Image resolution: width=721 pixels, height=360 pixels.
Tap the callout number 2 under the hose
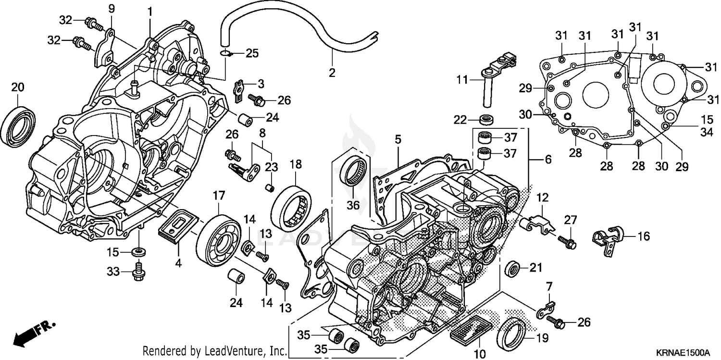(332, 73)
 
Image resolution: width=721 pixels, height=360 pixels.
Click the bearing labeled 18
(292, 206)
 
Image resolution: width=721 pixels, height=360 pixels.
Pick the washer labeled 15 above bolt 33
(139, 251)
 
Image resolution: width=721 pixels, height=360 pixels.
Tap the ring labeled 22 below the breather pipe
(487, 119)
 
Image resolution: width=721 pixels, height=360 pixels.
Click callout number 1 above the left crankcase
(149, 11)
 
